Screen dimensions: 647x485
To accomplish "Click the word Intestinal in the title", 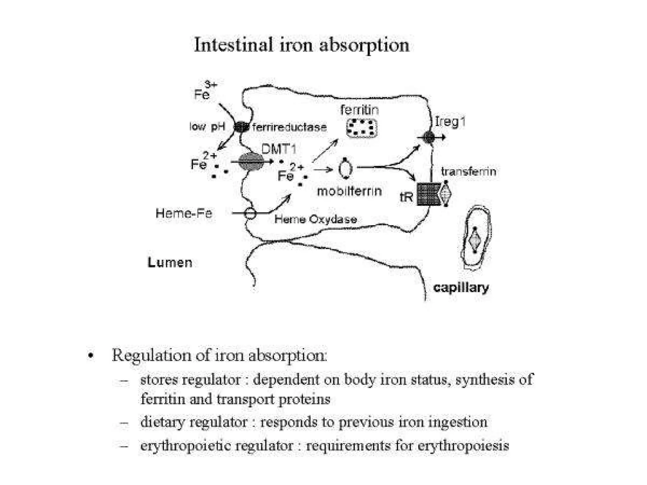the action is coord(233,45).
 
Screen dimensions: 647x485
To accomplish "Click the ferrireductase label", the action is coord(289,127).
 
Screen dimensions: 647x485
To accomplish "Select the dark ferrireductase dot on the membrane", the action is coord(241,127).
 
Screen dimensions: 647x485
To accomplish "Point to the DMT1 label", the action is coord(279,149).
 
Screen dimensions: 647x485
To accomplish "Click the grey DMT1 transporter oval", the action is coord(251,162).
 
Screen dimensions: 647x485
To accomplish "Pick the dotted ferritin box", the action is coord(362,128).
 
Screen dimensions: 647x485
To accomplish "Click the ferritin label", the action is coord(360,110).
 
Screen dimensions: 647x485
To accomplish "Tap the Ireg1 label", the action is coord(450,122).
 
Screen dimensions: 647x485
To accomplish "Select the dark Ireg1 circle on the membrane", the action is coord(429,137).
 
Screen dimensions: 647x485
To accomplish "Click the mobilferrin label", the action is coord(349,191).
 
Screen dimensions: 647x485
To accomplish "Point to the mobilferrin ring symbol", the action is coord(345,169).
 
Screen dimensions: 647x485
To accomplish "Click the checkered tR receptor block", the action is coord(428,194).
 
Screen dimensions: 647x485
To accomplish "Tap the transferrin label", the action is coord(469,171).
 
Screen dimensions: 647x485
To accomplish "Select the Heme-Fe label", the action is coord(184,213).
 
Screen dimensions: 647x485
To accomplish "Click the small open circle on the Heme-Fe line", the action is coord(250,213).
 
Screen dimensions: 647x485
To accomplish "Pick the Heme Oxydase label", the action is coord(316,219).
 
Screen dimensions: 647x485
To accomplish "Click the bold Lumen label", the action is coord(170,263).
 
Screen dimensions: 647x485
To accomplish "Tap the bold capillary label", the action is coord(461,288).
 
